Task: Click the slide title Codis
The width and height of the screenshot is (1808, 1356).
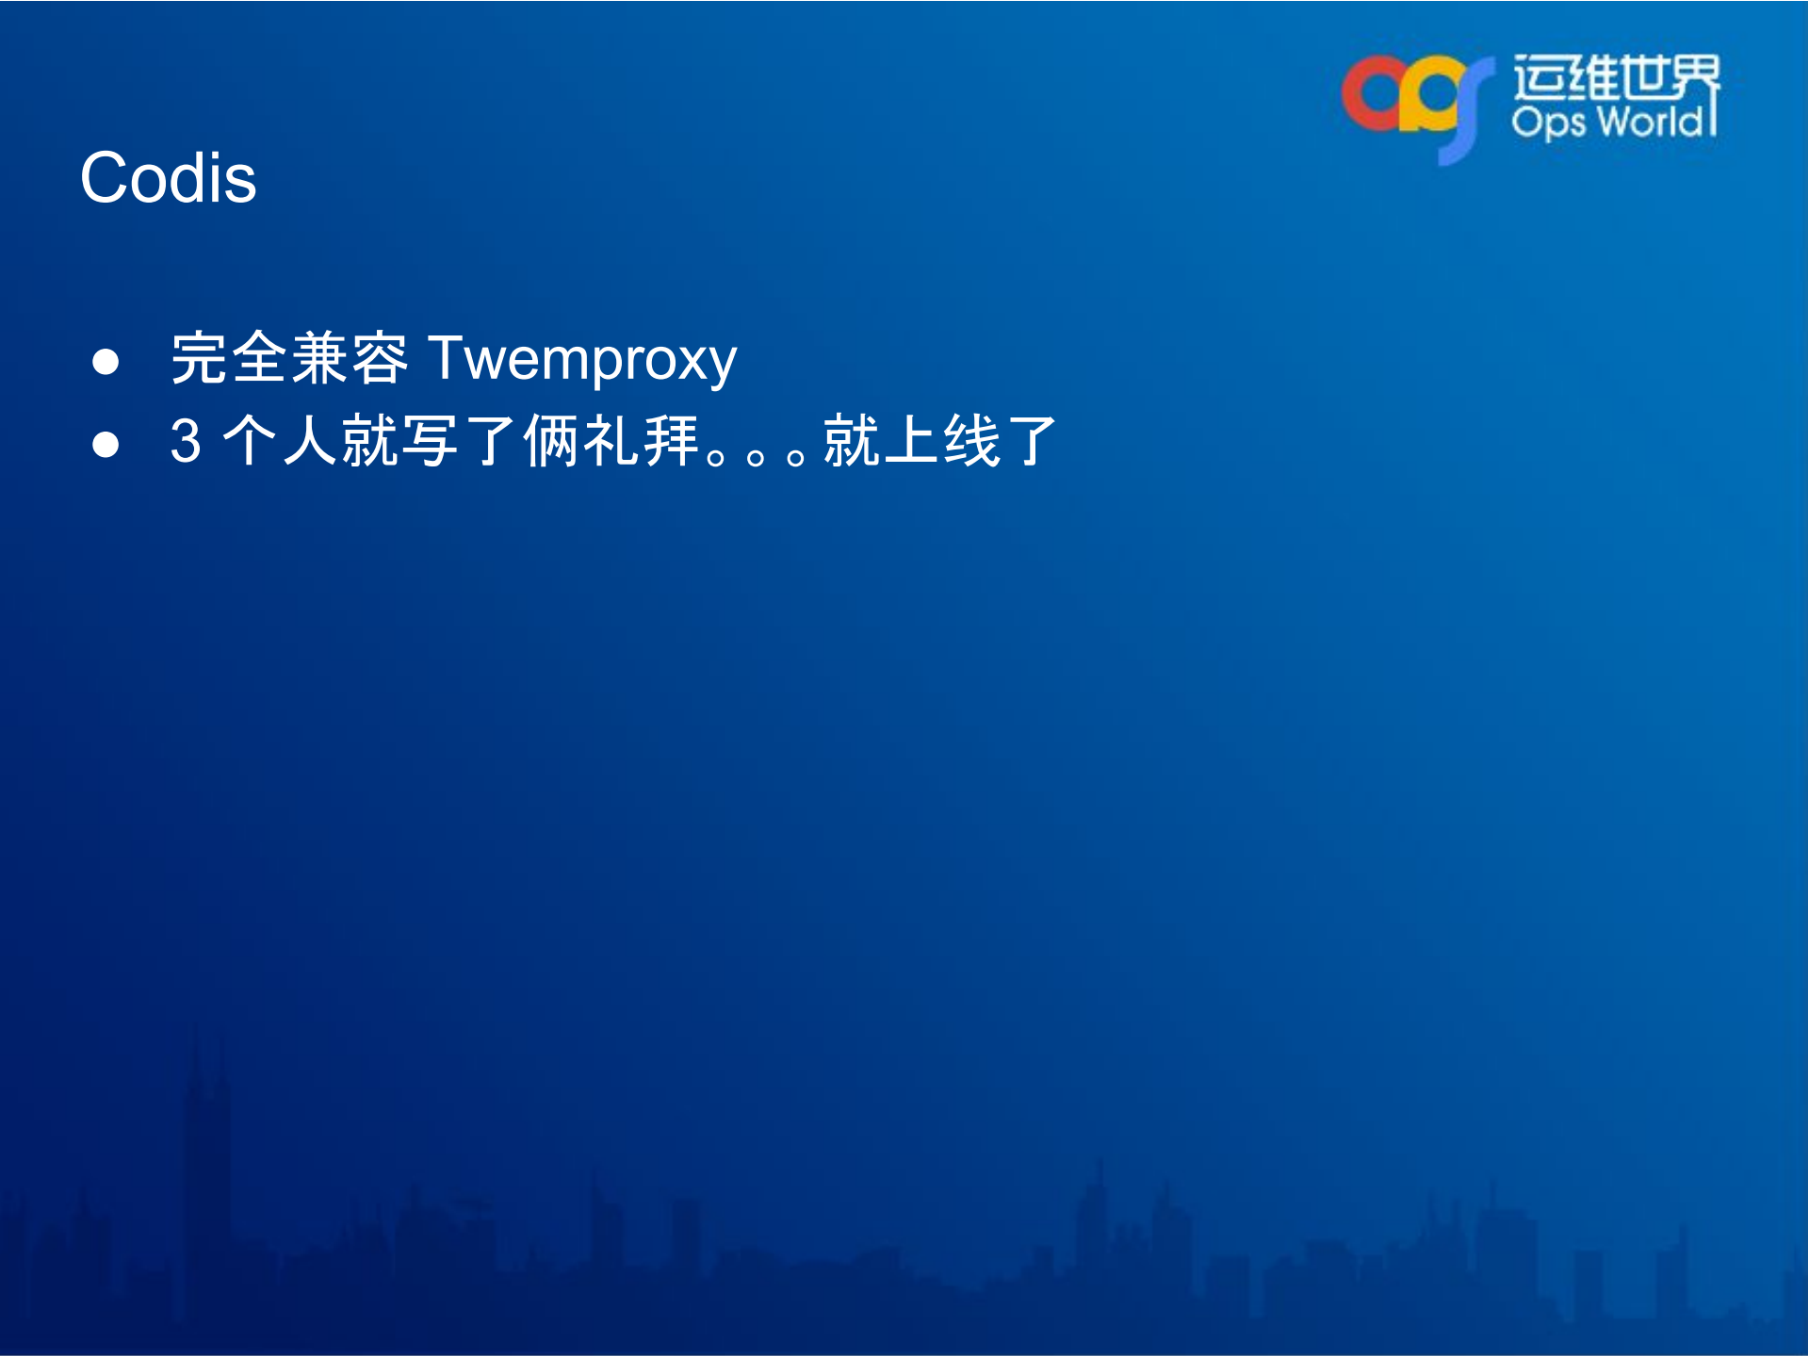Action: click(168, 178)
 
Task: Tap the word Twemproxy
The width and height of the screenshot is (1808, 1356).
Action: click(582, 360)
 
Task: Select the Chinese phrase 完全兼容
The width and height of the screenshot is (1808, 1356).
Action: click(289, 359)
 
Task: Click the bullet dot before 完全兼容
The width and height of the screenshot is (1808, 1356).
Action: click(106, 362)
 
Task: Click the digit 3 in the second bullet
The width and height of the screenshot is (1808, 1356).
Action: click(186, 441)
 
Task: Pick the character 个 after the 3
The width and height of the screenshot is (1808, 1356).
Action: click(251, 441)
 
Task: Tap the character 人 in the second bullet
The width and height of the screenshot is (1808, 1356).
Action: click(311, 441)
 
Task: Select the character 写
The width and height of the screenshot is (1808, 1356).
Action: click(430, 441)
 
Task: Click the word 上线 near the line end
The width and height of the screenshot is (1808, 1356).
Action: click(941, 441)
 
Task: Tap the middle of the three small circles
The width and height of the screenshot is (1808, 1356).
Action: click(755, 459)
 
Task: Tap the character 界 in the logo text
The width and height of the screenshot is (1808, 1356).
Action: click(1693, 78)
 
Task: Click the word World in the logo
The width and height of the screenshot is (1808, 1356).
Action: click(1651, 123)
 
